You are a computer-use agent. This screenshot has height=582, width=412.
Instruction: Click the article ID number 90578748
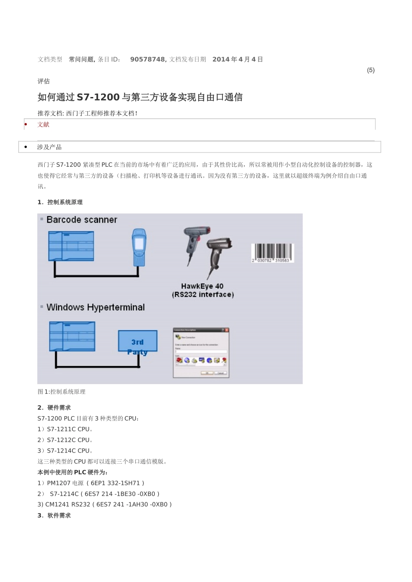click(147, 59)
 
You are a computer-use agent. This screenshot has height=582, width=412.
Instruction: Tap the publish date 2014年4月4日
click(238, 59)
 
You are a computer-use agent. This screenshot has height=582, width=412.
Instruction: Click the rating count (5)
click(370, 70)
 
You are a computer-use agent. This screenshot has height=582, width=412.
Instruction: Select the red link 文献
click(43, 125)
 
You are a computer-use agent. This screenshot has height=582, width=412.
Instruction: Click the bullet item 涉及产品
click(49, 147)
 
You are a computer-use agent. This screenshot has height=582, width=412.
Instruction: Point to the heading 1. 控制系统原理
click(60, 202)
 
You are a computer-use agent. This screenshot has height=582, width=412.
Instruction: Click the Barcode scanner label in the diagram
click(82, 220)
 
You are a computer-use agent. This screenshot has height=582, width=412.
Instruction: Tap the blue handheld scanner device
click(139, 247)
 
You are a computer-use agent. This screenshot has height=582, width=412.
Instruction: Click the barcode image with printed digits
click(272, 253)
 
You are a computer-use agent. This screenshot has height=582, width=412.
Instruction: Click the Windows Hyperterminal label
click(95, 307)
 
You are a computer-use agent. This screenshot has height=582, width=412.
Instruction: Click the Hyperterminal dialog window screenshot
click(201, 352)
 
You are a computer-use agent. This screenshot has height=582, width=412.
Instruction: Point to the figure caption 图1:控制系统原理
click(62, 392)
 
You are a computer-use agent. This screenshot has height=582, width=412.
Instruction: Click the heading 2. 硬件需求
click(54, 408)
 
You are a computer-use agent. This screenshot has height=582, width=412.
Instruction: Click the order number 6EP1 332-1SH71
click(115, 483)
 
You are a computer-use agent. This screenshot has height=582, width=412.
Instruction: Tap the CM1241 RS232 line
click(105, 504)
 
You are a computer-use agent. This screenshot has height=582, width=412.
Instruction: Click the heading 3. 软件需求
click(54, 516)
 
